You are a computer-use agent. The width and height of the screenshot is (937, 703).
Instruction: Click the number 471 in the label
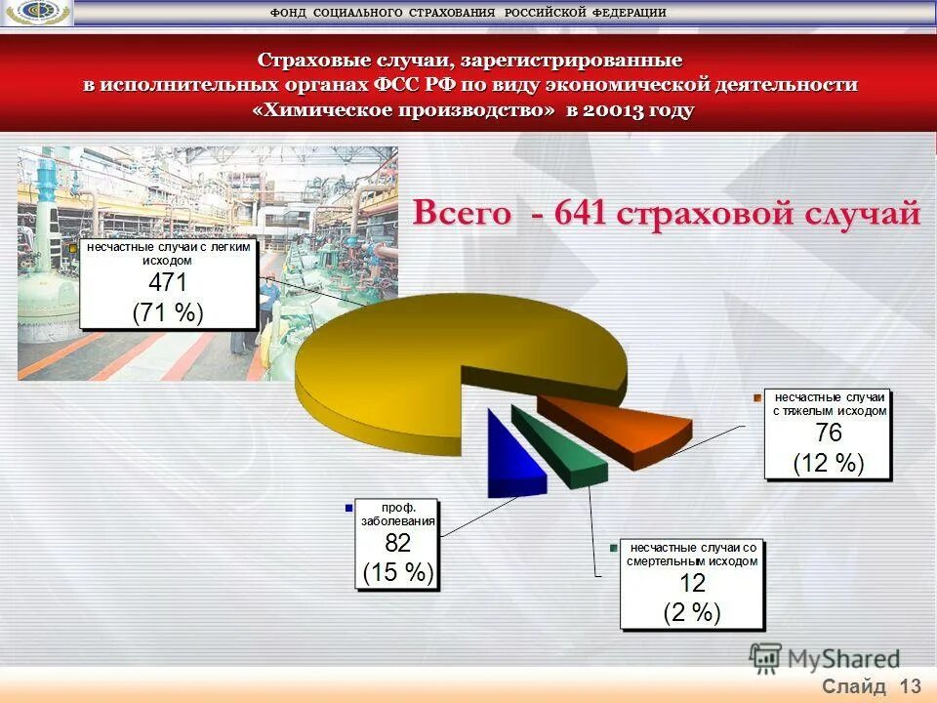(167, 283)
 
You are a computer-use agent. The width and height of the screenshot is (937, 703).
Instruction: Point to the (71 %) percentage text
(167, 312)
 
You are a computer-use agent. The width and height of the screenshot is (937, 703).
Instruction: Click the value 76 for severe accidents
(828, 434)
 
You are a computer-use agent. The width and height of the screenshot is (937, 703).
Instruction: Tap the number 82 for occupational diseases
(397, 543)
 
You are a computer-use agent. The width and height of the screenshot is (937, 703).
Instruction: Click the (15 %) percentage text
(397, 572)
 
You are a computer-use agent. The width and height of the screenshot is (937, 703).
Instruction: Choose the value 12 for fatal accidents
(692, 583)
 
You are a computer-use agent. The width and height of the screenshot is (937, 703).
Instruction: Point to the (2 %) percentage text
(692, 612)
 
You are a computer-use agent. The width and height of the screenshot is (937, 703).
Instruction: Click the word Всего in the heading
(461, 213)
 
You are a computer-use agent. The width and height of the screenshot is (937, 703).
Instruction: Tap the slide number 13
(911, 685)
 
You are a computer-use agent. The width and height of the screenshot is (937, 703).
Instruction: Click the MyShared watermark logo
(825, 658)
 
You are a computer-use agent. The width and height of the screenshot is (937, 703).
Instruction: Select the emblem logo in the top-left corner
(36, 13)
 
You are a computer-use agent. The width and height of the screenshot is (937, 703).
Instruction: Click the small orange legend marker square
(756, 397)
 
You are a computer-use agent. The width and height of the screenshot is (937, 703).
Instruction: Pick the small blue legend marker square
(347, 508)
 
